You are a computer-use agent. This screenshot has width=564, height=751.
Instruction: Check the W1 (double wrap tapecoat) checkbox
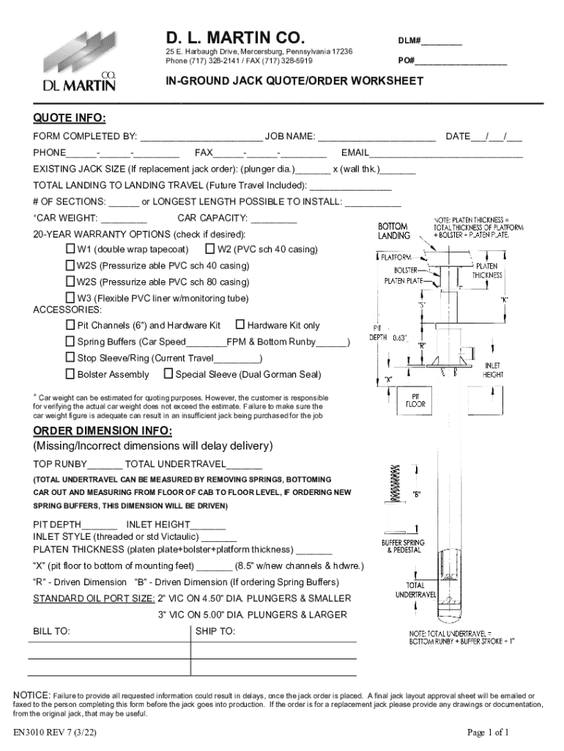[x=71, y=249]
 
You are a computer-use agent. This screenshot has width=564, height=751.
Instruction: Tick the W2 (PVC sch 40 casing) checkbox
[x=211, y=249]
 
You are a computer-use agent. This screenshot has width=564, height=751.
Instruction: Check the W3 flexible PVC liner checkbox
[x=71, y=298]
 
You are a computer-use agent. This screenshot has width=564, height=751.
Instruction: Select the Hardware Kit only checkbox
[x=240, y=325]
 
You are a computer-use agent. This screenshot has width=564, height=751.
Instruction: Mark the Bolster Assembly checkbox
[x=71, y=374]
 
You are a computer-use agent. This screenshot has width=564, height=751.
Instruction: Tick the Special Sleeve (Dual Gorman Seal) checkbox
[x=168, y=374]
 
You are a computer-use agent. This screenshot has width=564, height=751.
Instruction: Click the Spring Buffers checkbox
[x=71, y=341]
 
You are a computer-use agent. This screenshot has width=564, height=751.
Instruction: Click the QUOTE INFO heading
[x=70, y=119]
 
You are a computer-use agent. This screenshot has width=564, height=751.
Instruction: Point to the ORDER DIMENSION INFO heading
[x=103, y=430]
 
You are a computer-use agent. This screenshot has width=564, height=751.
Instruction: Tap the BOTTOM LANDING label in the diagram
[x=393, y=231]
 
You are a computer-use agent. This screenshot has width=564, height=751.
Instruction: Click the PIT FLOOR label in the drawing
[x=416, y=400]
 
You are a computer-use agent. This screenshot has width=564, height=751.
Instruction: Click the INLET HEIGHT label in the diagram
[x=492, y=370]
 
